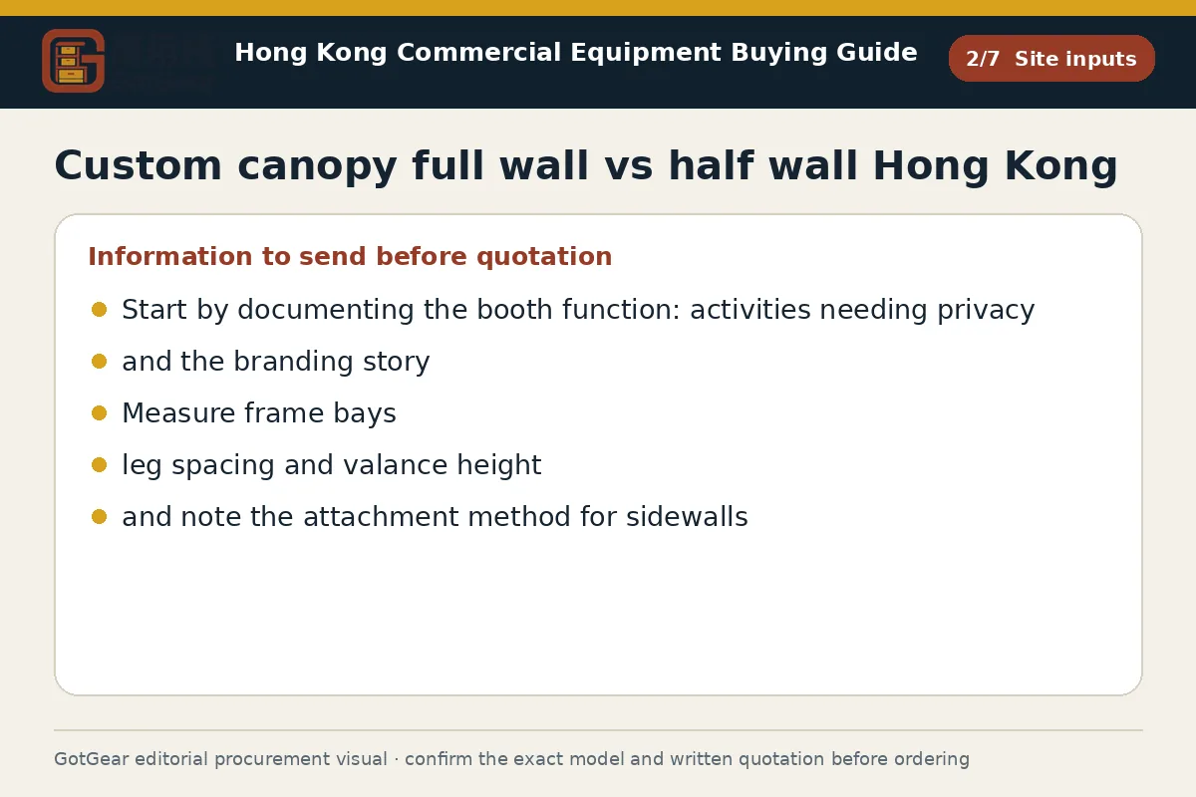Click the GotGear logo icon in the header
point(73,61)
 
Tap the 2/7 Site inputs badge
point(1051,58)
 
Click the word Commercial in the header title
point(479,53)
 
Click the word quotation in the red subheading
point(544,257)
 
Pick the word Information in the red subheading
point(169,256)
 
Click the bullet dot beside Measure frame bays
point(100,413)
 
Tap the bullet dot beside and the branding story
point(100,362)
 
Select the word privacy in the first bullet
point(986,311)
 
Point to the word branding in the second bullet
point(294,363)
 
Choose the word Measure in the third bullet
point(178,413)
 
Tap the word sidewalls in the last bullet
point(687,517)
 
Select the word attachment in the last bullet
point(381,517)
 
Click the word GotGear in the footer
point(92,759)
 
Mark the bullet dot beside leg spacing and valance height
point(100,465)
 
